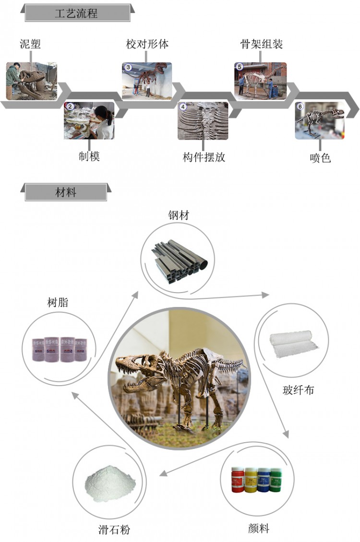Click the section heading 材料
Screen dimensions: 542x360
pos(65,193)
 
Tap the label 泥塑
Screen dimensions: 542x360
pos(30,45)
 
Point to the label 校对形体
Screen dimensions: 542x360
pos(147,45)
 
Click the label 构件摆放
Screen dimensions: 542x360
pos(204,157)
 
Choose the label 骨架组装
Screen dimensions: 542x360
pos(262,45)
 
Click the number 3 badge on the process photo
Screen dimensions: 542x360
pos(128,68)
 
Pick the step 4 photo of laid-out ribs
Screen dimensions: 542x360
pos(203,120)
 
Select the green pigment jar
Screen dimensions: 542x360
pos(275,480)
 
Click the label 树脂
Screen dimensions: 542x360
pos(58,303)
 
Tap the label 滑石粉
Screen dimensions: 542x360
pos(114,530)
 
